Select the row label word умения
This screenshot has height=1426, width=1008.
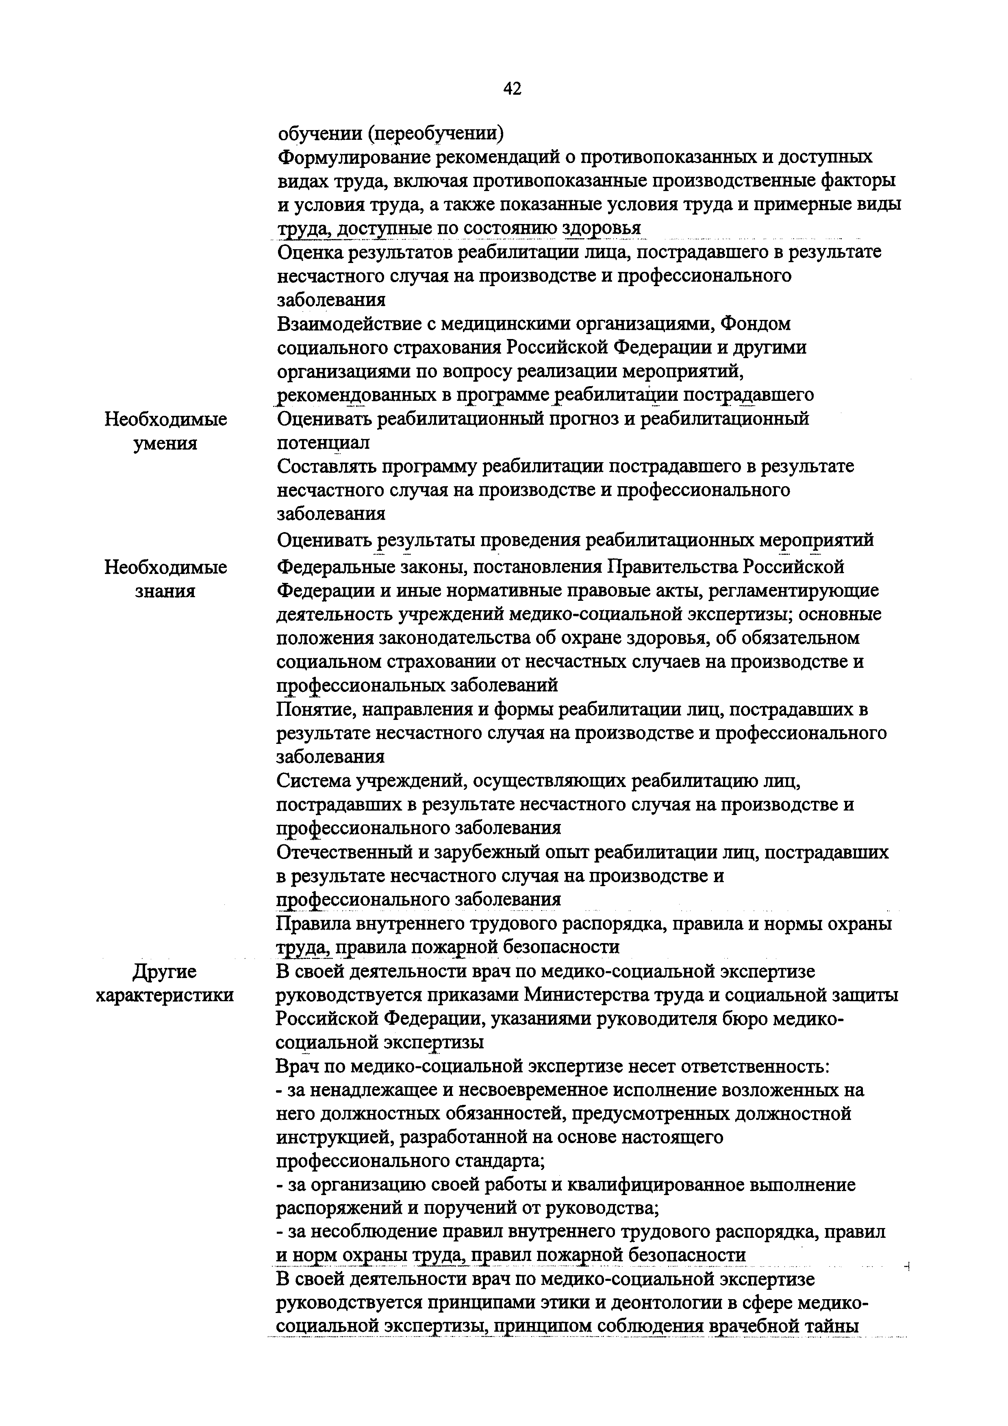click(165, 444)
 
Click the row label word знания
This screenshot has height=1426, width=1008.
click(165, 591)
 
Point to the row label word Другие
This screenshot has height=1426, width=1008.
click(165, 972)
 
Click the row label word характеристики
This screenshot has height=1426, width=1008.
click(165, 995)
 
